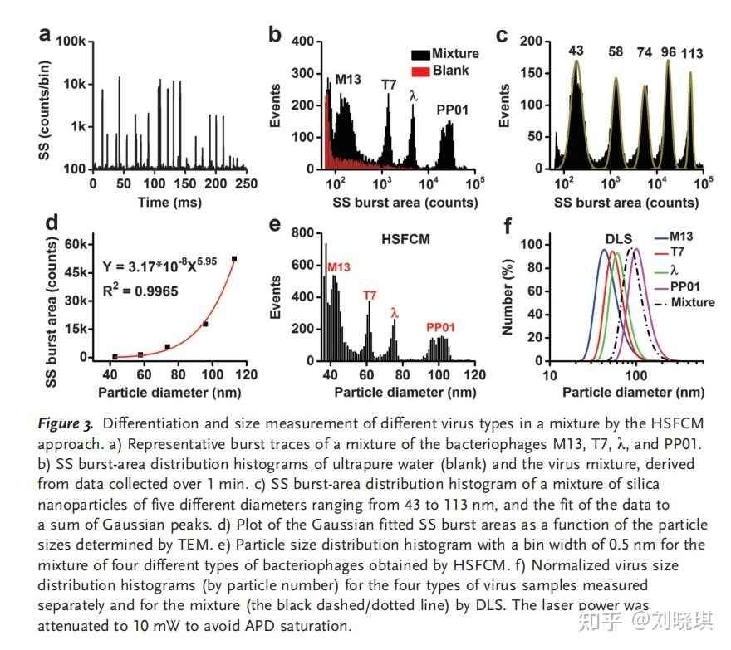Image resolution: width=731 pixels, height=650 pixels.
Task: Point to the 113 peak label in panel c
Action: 692,54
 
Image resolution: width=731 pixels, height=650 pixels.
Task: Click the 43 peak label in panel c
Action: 576,51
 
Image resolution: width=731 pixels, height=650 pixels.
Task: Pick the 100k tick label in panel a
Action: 73,41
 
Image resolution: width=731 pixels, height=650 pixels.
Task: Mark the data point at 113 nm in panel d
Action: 234,259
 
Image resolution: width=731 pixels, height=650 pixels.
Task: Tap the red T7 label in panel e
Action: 370,295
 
